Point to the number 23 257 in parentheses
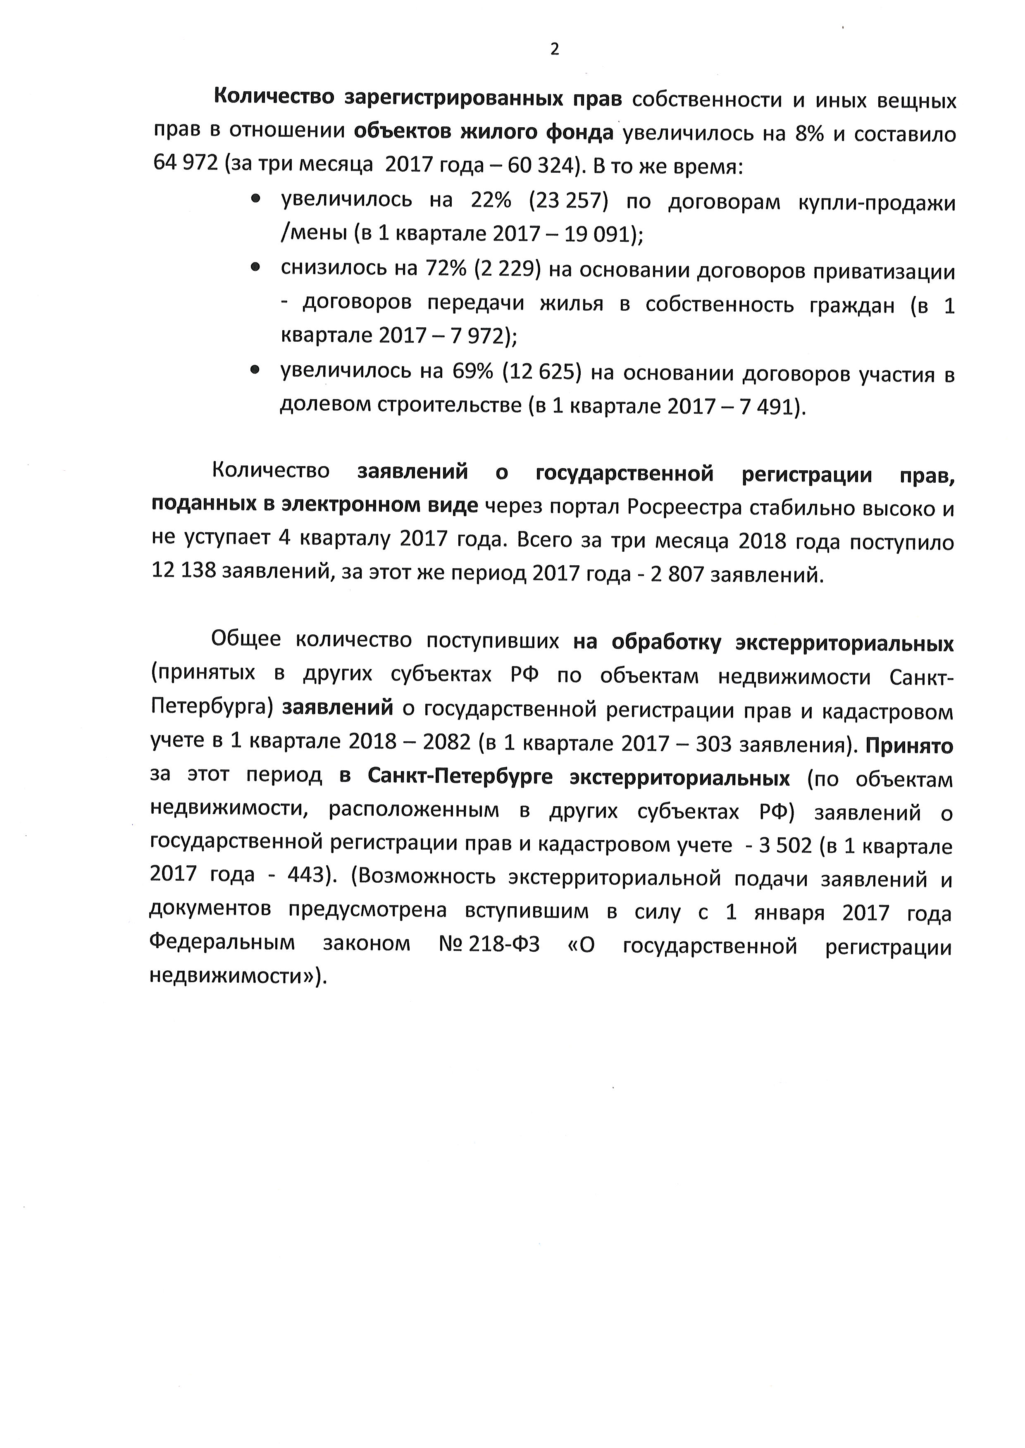pos(569,201)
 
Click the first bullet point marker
pos(255,199)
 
